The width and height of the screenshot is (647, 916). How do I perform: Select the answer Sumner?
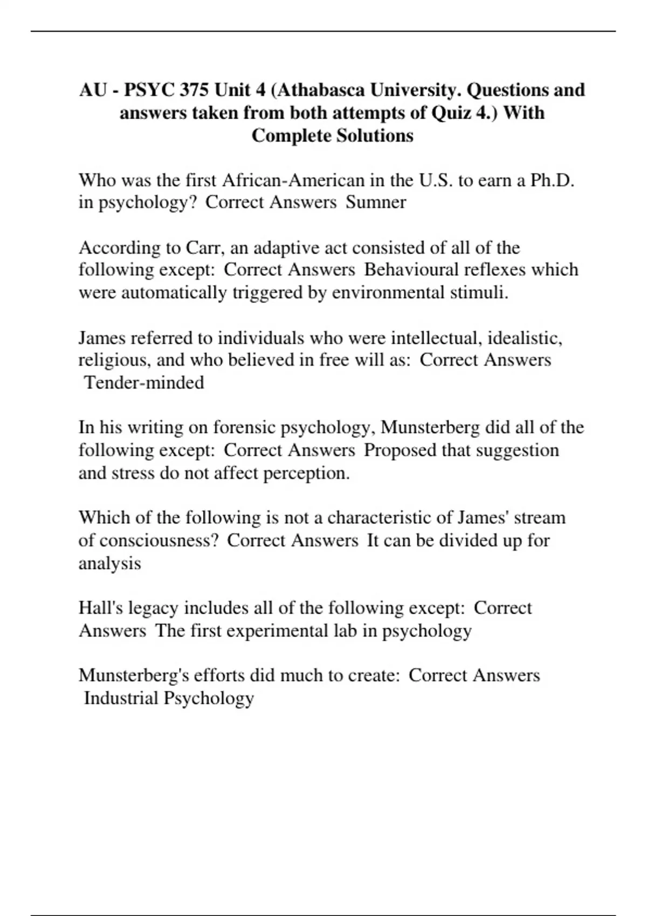pyautogui.click(x=376, y=202)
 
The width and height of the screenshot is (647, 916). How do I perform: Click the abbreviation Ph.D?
pyautogui.click(x=552, y=179)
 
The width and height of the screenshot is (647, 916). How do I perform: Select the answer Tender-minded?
pyautogui.click(x=144, y=383)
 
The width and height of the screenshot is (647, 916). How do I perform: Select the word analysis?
pyautogui.click(x=109, y=563)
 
